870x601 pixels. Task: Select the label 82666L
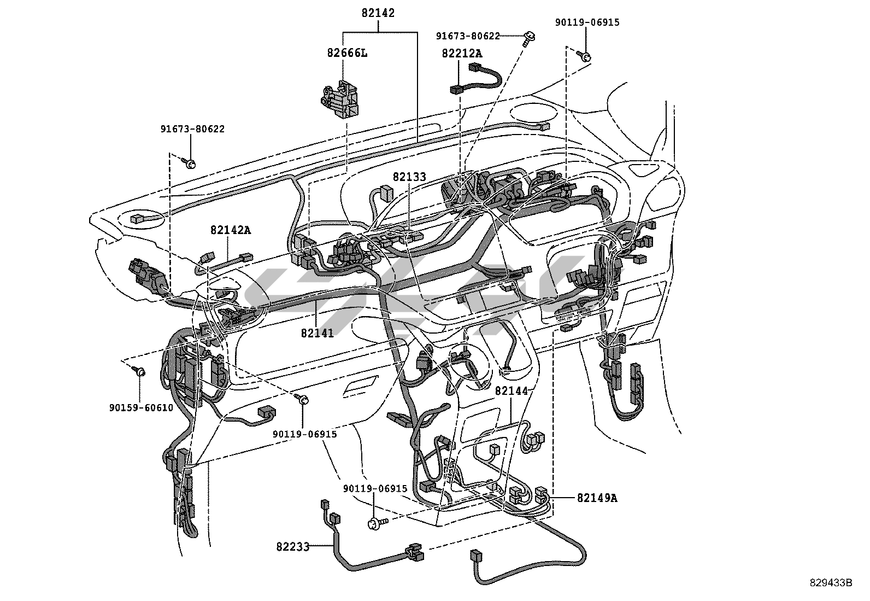[x=347, y=53]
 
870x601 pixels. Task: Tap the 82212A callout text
[x=462, y=53]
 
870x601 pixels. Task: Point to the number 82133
[x=409, y=177]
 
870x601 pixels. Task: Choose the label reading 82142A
[x=230, y=230]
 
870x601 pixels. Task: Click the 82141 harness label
[x=318, y=332]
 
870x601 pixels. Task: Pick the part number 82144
[x=512, y=391]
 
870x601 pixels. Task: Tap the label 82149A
[x=597, y=498]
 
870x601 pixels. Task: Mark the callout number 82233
[x=293, y=546]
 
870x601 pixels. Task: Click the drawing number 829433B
[x=831, y=583]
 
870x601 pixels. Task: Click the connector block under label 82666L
[x=341, y=99]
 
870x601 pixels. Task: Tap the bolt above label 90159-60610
[x=139, y=371]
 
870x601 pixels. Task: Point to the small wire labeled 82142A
[x=226, y=261]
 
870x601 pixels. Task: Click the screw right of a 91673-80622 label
[x=529, y=37]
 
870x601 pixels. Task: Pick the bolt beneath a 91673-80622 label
[x=191, y=163]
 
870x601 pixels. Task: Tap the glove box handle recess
[x=361, y=385]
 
